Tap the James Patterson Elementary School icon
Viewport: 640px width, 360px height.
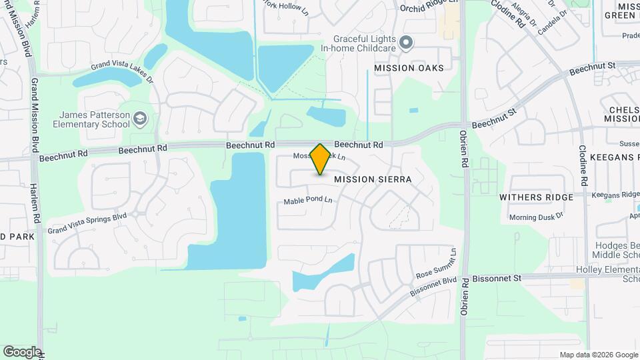[139, 119]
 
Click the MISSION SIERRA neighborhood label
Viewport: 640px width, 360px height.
[373, 179]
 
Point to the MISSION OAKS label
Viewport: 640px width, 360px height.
[408, 68]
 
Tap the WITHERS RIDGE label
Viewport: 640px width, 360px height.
[537, 197]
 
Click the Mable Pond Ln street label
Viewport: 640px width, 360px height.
[308, 201]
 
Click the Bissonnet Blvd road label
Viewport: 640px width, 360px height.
[433, 285]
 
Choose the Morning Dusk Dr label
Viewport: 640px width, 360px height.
[536, 217]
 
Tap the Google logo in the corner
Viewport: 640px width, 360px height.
[22, 351]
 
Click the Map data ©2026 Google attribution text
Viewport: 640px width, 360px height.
[598, 355]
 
